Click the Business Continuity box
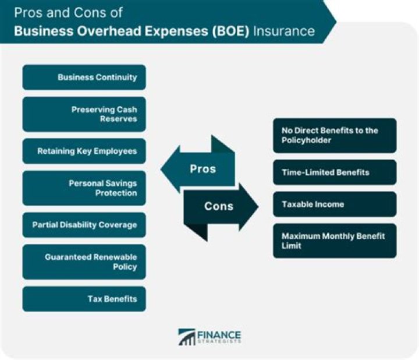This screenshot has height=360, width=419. (84, 77)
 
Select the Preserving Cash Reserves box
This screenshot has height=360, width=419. (84, 114)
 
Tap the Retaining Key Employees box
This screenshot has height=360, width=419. (84, 151)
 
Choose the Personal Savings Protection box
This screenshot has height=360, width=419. (84, 188)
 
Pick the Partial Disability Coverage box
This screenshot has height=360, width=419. (84, 225)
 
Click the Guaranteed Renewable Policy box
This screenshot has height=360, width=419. (84, 262)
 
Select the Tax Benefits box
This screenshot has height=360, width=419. (84, 299)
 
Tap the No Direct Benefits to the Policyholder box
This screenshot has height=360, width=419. (335, 136)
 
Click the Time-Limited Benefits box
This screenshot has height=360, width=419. (335, 172)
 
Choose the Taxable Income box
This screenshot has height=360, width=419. (335, 204)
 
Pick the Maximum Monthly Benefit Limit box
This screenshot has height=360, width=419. (335, 241)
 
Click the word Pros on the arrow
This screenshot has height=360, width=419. (203, 170)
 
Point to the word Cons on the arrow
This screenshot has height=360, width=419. (219, 206)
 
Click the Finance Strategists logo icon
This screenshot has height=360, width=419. (187, 337)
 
